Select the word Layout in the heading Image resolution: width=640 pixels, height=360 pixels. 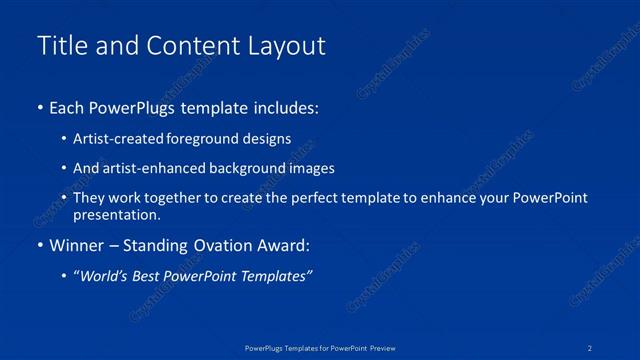tap(290, 46)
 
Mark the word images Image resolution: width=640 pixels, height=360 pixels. tap(309, 168)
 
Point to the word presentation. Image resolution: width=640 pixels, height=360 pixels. tap(116, 214)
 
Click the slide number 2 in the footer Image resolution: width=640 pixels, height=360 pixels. tap(591, 347)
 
